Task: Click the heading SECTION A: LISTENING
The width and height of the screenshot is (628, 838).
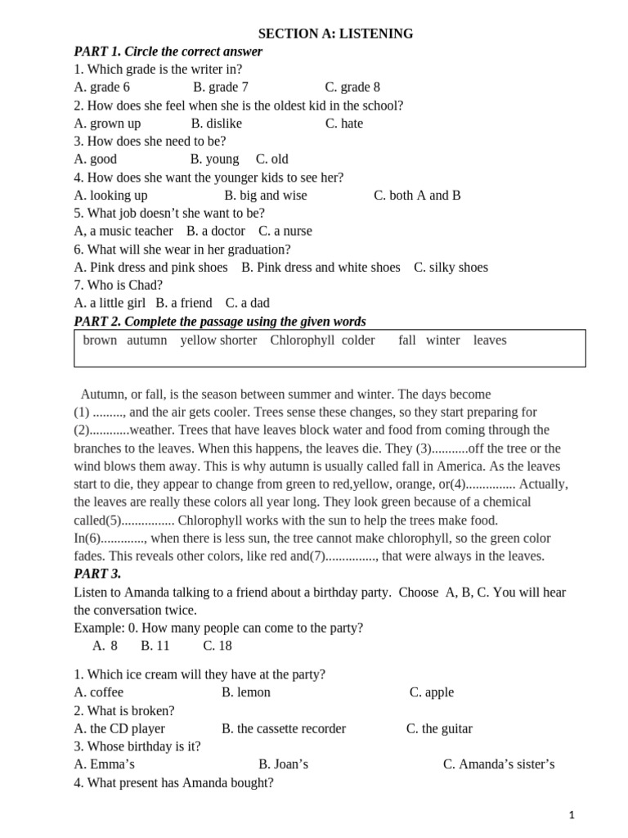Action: (x=335, y=34)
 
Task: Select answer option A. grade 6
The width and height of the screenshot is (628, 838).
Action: (x=101, y=88)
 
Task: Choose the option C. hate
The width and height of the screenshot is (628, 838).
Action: (x=344, y=124)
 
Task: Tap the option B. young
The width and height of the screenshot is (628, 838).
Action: (x=215, y=160)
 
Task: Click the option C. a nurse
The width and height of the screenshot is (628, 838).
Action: (x=285, y=232)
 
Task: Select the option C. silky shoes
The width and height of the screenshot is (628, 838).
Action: (x=451, y=268)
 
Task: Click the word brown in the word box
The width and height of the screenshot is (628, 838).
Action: (x=100, y=340)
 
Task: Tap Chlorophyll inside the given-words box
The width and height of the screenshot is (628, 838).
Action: (x=303, y=340)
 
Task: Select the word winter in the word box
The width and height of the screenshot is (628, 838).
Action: (x=442, y=340)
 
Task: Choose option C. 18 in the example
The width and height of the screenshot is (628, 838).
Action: (x=218, y=646)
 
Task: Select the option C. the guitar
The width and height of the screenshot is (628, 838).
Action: (x=439, y=728)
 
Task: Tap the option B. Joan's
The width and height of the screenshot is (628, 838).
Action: (x=283, y=764)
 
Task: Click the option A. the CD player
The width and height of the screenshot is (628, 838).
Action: (x=119, y=728)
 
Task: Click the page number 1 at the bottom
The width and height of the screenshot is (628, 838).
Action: (x=572, y=815)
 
